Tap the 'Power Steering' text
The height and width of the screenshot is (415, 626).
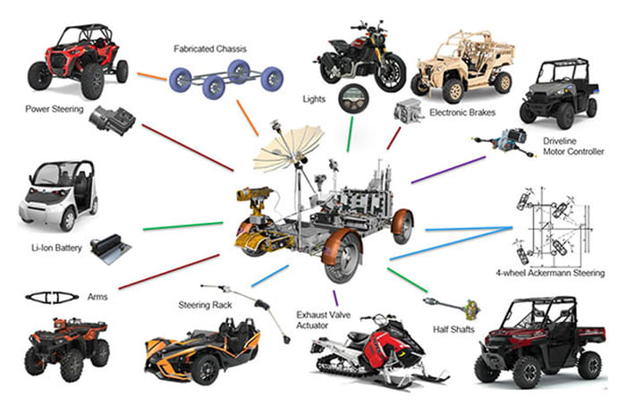[55, 111]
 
